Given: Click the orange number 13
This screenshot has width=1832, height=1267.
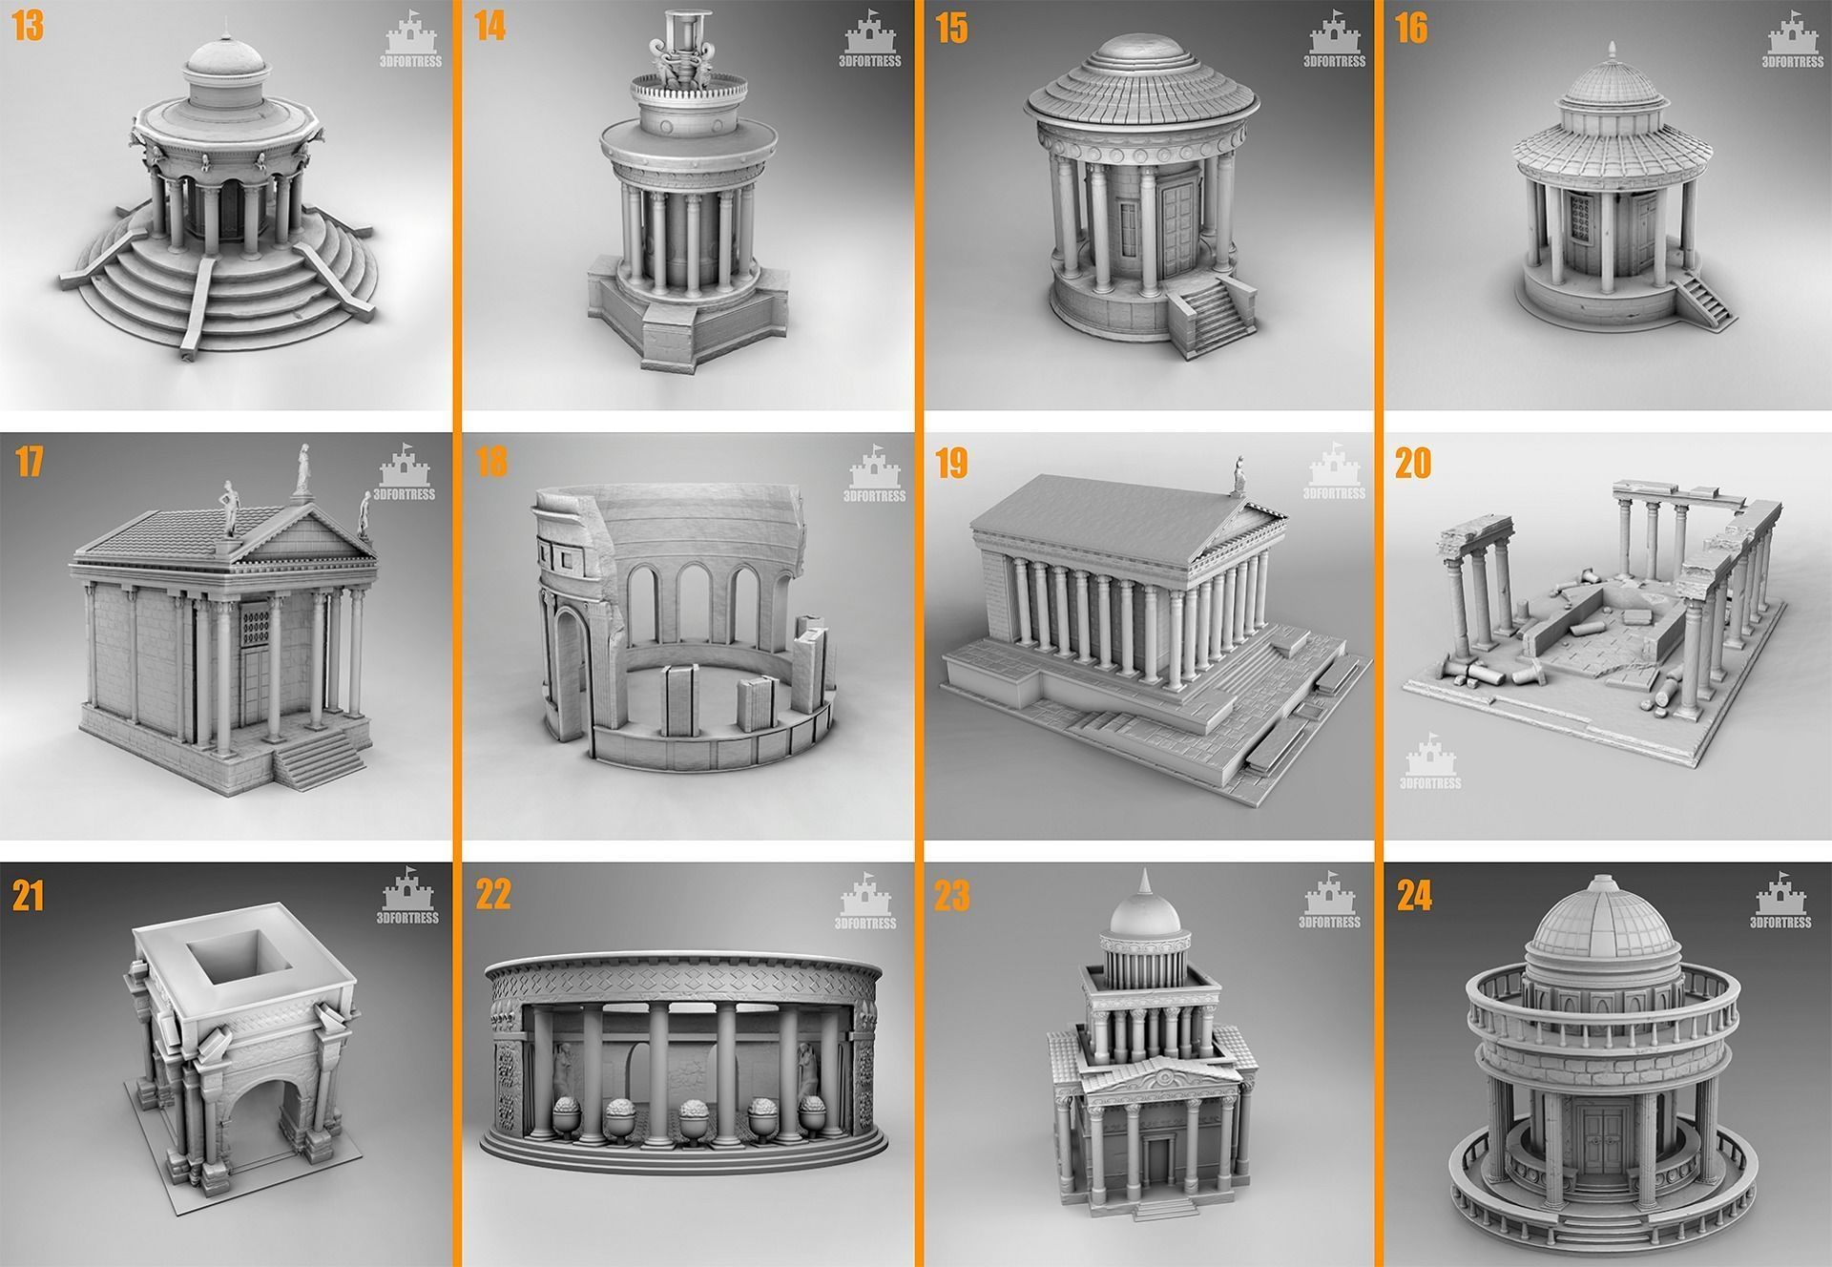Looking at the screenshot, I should click(28, 28).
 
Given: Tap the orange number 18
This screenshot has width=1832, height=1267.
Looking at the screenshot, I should click(490, 462).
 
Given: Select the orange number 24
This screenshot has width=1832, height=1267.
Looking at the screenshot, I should click(1413, 896).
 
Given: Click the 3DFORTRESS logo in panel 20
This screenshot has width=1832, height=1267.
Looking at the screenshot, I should click(1429, 763).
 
